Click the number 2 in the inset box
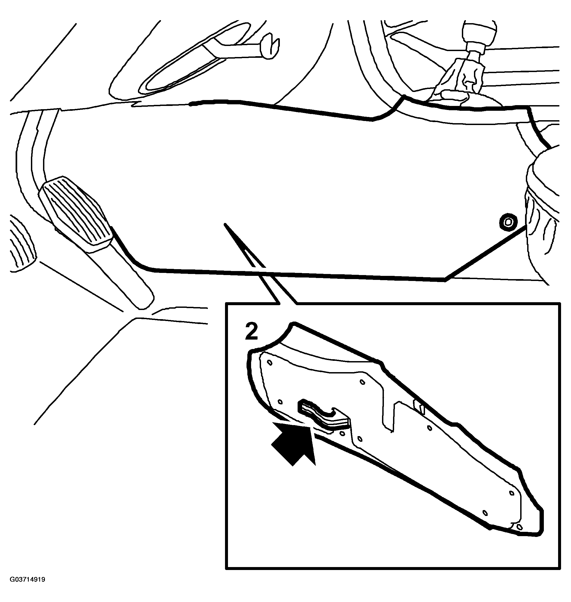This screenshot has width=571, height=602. pos(252,332)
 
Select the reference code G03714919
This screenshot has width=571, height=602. pos(27,588)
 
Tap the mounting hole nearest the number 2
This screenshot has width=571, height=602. pos(269,362)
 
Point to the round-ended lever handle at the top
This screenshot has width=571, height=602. pos(269,46)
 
